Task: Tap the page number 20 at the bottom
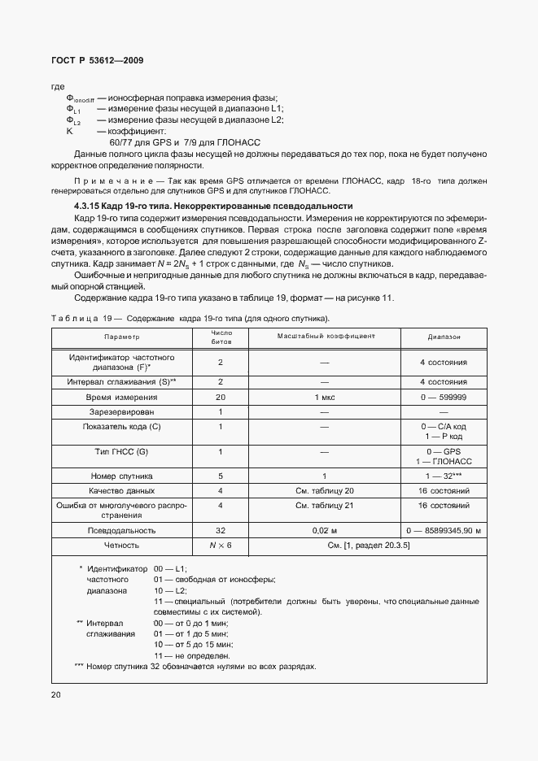(x=56, y=694)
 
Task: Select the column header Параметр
(x=121, y=337)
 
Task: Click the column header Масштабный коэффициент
(x=325, y=336)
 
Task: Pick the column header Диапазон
(x=444, y=337)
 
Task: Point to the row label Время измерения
(x=121, y=397)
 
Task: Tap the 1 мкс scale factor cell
(x=325, y=397)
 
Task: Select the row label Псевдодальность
(x=121, y=529)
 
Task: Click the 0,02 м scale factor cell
(x=325, y=529)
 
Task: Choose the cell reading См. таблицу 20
(x=325, y=491)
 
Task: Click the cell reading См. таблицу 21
(x=325, y=506)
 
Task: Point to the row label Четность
(x=121, y=545)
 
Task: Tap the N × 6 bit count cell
(x=220, y=545)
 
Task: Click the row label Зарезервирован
(x=121, y=412)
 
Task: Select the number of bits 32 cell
(x=220, y=529)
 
